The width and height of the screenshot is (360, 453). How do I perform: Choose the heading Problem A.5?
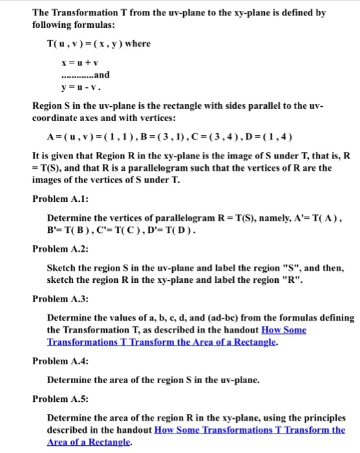[x=60, y=399]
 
